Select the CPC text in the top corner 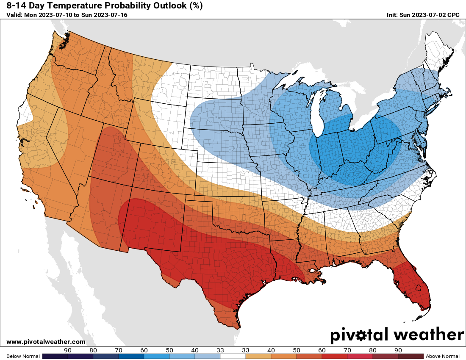453,15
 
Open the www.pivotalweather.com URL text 46,342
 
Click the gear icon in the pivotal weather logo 361,336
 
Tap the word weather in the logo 428,335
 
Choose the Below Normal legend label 23,356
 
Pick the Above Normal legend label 442,356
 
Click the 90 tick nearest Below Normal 67,350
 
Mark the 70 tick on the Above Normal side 347,350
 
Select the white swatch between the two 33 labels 233,356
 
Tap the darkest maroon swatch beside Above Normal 411,356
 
